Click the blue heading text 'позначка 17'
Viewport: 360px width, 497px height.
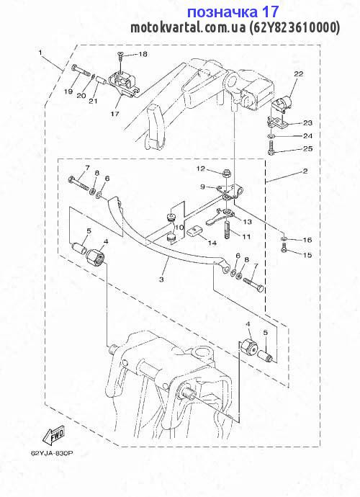coord(233,12)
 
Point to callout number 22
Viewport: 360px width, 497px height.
coord(298,74)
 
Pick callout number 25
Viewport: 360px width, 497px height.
coord(307,148)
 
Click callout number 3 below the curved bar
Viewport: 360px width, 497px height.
coord(161,279)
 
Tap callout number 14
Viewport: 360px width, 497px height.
coord(212,243)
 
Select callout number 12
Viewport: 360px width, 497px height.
coord(201,169)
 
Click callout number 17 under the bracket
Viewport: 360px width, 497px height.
coord(114,113)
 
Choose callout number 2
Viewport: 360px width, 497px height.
coord(305,171)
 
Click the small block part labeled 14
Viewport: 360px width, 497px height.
coord(194,232)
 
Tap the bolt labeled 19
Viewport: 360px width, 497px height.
coord(81,71)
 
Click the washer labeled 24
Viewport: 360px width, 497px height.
coord(269,135)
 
